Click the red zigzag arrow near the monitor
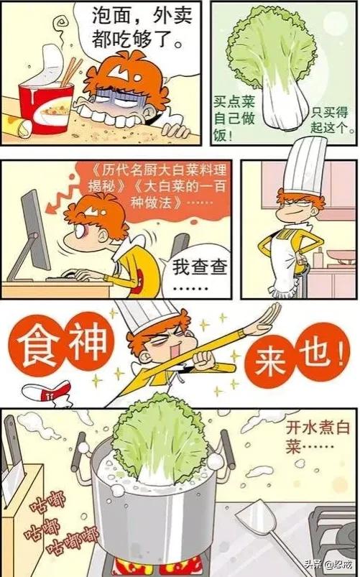click(x=65, y=190)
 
